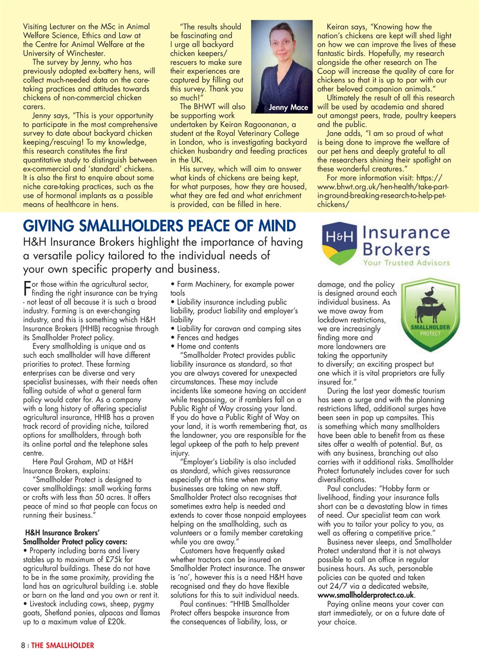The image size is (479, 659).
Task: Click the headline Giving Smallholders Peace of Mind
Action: click(x=159, y=226)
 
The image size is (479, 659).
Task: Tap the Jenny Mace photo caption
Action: click(x=288, y=108)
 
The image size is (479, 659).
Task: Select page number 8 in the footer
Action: click(x=23, y=645)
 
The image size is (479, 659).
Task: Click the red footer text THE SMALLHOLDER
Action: click(x=63, y=645)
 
